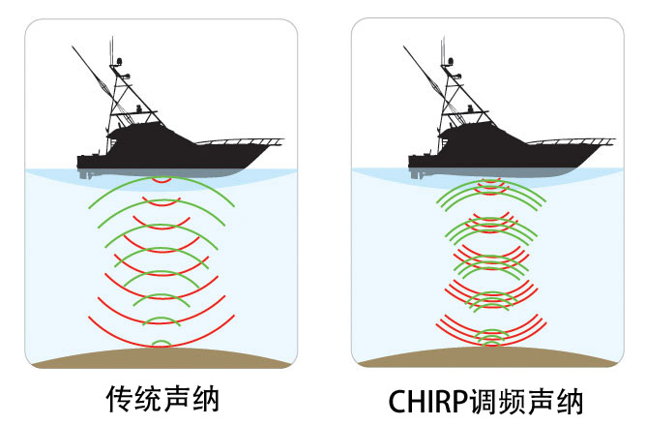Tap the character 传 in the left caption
[x=119, y=399]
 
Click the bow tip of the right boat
[x=614, y=141]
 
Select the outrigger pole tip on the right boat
[x=403, y=47]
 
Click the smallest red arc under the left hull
[x=161, y=181]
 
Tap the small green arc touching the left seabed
[x=161, y=342]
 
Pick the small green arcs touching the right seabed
[x=492, y=338]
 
